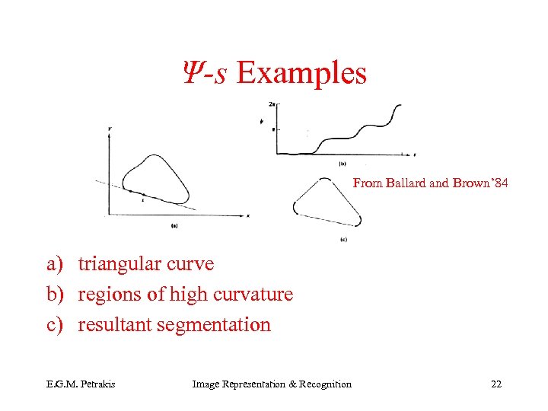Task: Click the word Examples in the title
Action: pyautogui.click(x=301, y=74)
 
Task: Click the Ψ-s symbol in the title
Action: pyautogui.click(x=203, y=74)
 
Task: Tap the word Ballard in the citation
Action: pyautogui.click(x=412, y=183)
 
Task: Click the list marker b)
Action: pyautogui.click(x=56, y=295)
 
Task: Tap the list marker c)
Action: pyautogui.click(x=56, y=325)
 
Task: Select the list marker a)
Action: pyautogui.click(x=56, y=264)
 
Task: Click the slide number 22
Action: pyautogui.click(x=496, y=384)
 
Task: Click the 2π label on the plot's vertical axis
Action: pyautogui.click(x=272, y=104)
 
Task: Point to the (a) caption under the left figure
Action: pyautogui.click(x=175, y=225)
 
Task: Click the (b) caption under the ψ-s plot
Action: pyautogui.click(x=342, y=164)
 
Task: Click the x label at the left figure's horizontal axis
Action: pyautogui.click(x=248, y=216)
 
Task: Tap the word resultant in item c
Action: pyautogui.click(x=114, y=325)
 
